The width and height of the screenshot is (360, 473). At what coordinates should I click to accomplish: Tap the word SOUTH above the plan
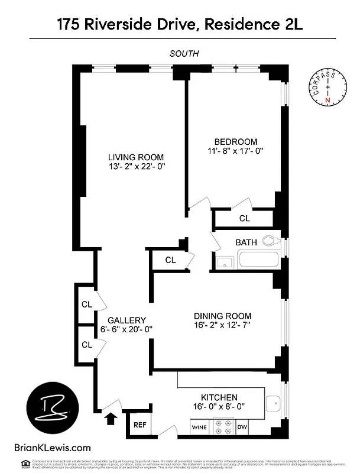pos(184,53)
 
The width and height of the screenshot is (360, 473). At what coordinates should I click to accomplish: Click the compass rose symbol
pos(326,88)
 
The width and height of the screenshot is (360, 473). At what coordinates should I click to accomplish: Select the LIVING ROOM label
pos(135,157)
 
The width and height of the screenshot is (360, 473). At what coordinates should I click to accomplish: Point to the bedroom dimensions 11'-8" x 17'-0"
pos(235,151)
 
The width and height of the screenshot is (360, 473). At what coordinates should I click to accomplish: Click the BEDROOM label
pos(235,141)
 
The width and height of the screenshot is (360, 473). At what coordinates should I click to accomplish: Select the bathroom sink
pos(224,262)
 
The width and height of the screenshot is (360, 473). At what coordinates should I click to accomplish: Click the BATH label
pos(246,242)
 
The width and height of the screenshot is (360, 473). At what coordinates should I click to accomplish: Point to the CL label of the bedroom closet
pos(244,218)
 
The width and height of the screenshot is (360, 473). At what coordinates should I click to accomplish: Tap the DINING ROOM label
pos(222,316)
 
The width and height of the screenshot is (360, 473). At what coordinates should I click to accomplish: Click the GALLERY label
pos(127,320)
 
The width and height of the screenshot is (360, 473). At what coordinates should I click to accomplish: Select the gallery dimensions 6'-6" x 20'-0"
pos(127,330)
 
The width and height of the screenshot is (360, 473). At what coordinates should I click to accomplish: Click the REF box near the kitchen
pos(140,425)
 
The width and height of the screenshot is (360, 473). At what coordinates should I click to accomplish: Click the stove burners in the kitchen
pos(224,426)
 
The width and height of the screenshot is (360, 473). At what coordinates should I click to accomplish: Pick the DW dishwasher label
pos(242,426)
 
